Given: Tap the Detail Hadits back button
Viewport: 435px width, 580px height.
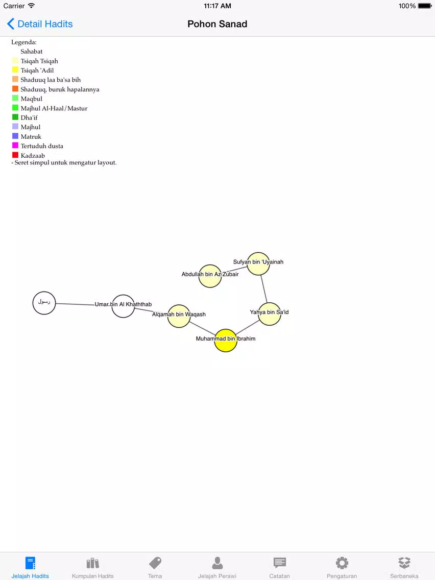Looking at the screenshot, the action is pyautogui.click(x=40, y=24).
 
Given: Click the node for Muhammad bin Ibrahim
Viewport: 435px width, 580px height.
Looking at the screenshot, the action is pyautogui.click(x=226, y=341).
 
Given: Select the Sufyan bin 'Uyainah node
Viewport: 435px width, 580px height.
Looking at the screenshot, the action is pyautogui.click(x=258, y=264).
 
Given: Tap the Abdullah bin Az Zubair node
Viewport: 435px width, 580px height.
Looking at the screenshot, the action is pyautogui.click(x=210, y=276).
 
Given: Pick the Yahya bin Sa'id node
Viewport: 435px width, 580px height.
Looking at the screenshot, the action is pyautogui.click(x=269, y=314).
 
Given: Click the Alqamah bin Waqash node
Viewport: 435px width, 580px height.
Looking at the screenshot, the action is pyautogui.click(x=179, y=316).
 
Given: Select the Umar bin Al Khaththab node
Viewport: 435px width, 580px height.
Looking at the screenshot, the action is pyautogui.click(x=123, y=306).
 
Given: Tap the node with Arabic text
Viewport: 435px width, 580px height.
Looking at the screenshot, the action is pyautogui.click(x=44, y=303).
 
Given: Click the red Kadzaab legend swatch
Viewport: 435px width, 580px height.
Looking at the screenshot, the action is pyautogui.click(x=15, y=155).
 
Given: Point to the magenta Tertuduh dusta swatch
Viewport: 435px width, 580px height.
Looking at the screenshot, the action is pyautogui.click(x=15, y=146).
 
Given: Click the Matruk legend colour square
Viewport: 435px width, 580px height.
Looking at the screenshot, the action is pyautogui.click(x=15, y=136).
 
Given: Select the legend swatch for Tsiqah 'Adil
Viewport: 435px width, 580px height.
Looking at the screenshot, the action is pyautogui.click(x=15, y=69).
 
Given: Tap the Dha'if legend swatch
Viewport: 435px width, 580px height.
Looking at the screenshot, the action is pyautogui.click(x=15, y=117).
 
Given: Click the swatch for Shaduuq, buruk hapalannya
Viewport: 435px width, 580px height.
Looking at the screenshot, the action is pyautogui.click(x=15, y=89).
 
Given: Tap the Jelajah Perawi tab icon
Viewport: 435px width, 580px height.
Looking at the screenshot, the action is pyautogui.click(x=217, y=563).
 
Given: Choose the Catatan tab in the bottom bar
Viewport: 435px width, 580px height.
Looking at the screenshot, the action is pyautogui.click(x=280, y=567).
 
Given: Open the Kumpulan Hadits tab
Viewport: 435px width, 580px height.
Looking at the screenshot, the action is pyautogui.click(x=93, y=567).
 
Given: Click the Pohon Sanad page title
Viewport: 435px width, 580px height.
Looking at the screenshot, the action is pyautogui.click(x=217, y=24).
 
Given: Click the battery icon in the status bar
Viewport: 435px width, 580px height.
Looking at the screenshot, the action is pyautogui.click(x=425, y=6).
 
